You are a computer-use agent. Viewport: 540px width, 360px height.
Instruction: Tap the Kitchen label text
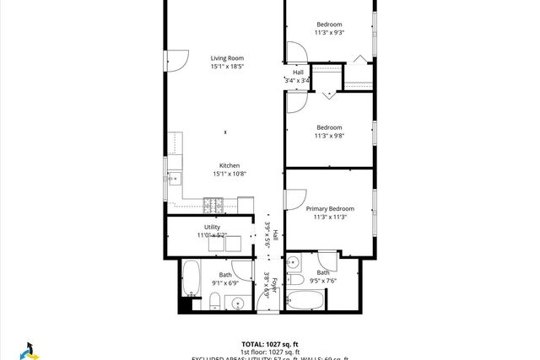229,165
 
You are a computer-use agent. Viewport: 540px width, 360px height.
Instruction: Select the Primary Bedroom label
330,208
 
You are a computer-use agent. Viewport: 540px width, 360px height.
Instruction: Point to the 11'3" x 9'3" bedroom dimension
330,32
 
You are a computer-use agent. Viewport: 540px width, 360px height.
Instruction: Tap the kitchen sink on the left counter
175,178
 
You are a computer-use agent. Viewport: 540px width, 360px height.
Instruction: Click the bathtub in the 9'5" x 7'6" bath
304,299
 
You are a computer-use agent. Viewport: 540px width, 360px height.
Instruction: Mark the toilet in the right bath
296,280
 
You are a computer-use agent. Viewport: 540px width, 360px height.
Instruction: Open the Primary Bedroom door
294,199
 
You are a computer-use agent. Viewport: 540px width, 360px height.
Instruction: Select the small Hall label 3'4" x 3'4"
298,77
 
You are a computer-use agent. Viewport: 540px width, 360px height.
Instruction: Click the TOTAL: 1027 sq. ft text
270,344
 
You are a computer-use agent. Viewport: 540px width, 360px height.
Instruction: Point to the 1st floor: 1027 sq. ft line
270,352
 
